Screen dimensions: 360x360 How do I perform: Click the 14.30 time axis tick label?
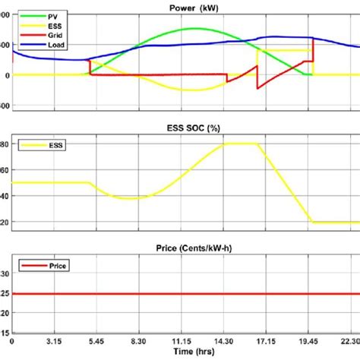pos(226,343)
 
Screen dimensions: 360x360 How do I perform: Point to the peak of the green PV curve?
pos(194,29)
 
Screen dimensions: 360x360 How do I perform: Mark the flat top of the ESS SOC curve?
pos(241,144)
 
